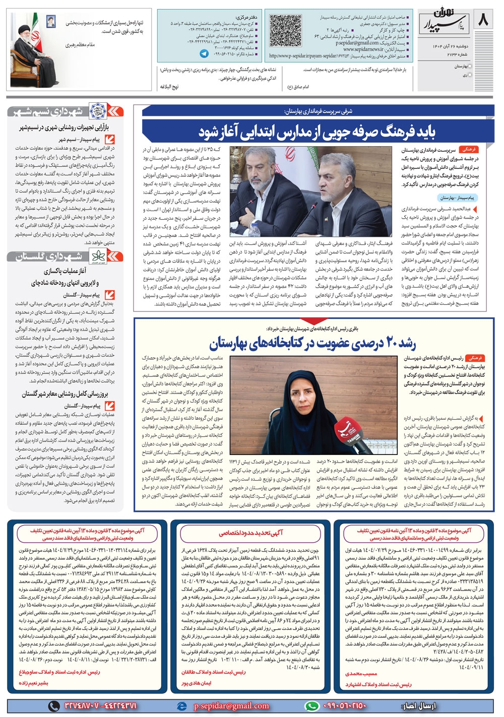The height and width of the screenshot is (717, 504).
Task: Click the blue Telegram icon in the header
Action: click(204, 53)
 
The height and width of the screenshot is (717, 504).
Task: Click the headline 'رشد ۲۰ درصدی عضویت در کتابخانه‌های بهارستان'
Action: click(312, 344)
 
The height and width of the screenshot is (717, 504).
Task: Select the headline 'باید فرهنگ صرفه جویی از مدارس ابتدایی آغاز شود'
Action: click(317, 132)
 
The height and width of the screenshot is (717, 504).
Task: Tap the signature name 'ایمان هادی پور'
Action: click(197, 683)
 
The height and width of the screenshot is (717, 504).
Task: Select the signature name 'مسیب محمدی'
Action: click(361, 673)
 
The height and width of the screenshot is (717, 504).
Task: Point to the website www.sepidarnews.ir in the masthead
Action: click(362, 49)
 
